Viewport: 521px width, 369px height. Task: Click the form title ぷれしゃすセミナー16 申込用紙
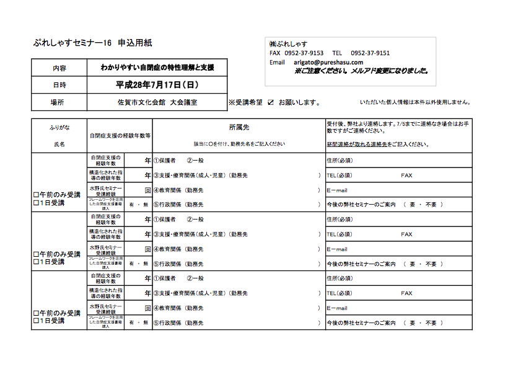point(92,43)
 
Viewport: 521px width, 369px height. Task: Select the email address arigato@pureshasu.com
point(328,63)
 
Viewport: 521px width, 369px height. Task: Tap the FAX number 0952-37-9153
point(304,53)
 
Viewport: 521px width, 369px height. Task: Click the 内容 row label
point(59,68)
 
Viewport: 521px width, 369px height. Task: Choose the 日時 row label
point(59,84)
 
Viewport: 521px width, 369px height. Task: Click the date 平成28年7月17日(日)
point(158,84)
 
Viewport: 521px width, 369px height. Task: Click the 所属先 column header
point(239,127)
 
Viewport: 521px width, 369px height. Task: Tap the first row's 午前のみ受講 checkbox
point(35,195)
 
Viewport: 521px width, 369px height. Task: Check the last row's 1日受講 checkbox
point(35,321)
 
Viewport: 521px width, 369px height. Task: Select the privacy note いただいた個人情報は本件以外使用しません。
point(415,102)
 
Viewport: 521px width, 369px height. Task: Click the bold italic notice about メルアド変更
point(362,71)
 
